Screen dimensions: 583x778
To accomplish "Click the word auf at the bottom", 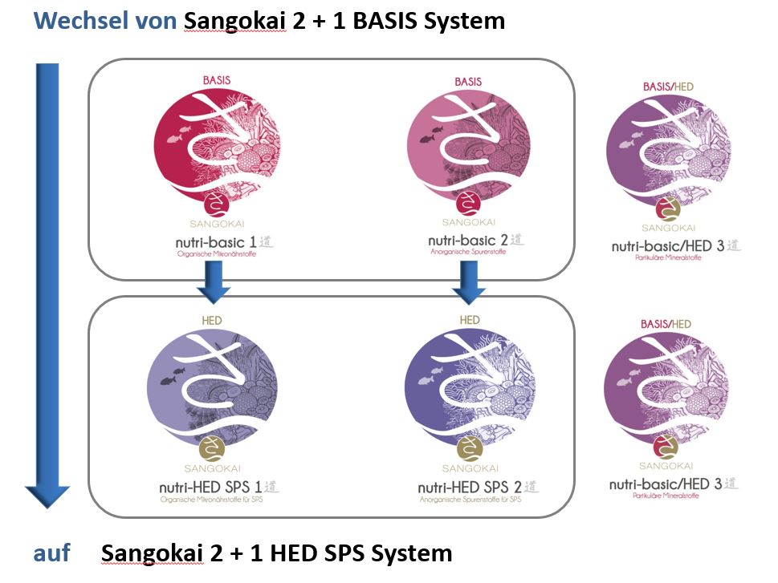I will pos(51,553).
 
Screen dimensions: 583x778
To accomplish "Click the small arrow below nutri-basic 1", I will pos(214,285).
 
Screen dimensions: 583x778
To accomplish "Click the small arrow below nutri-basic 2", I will pos(469,285).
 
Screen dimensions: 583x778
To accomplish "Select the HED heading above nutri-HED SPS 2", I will pos(470,320).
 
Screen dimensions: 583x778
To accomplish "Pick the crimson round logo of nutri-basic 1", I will pos(214,148).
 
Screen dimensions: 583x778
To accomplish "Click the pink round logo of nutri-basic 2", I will pos(469,148).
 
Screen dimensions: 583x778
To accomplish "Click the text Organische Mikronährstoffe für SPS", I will pos(213,501).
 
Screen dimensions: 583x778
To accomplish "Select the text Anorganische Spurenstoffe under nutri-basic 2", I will pos(469,254).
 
